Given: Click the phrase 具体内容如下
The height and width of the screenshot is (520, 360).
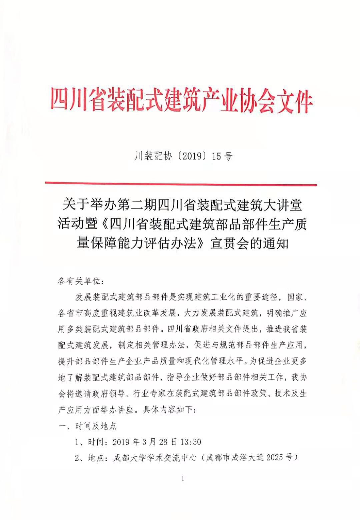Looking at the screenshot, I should click(168, 409).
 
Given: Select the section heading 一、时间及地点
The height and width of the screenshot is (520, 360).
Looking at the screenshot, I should click(87, 426).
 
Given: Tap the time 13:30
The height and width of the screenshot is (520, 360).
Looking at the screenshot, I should click(191, 442).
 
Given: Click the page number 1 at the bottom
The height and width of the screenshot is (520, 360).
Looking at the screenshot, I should click(183, 479).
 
